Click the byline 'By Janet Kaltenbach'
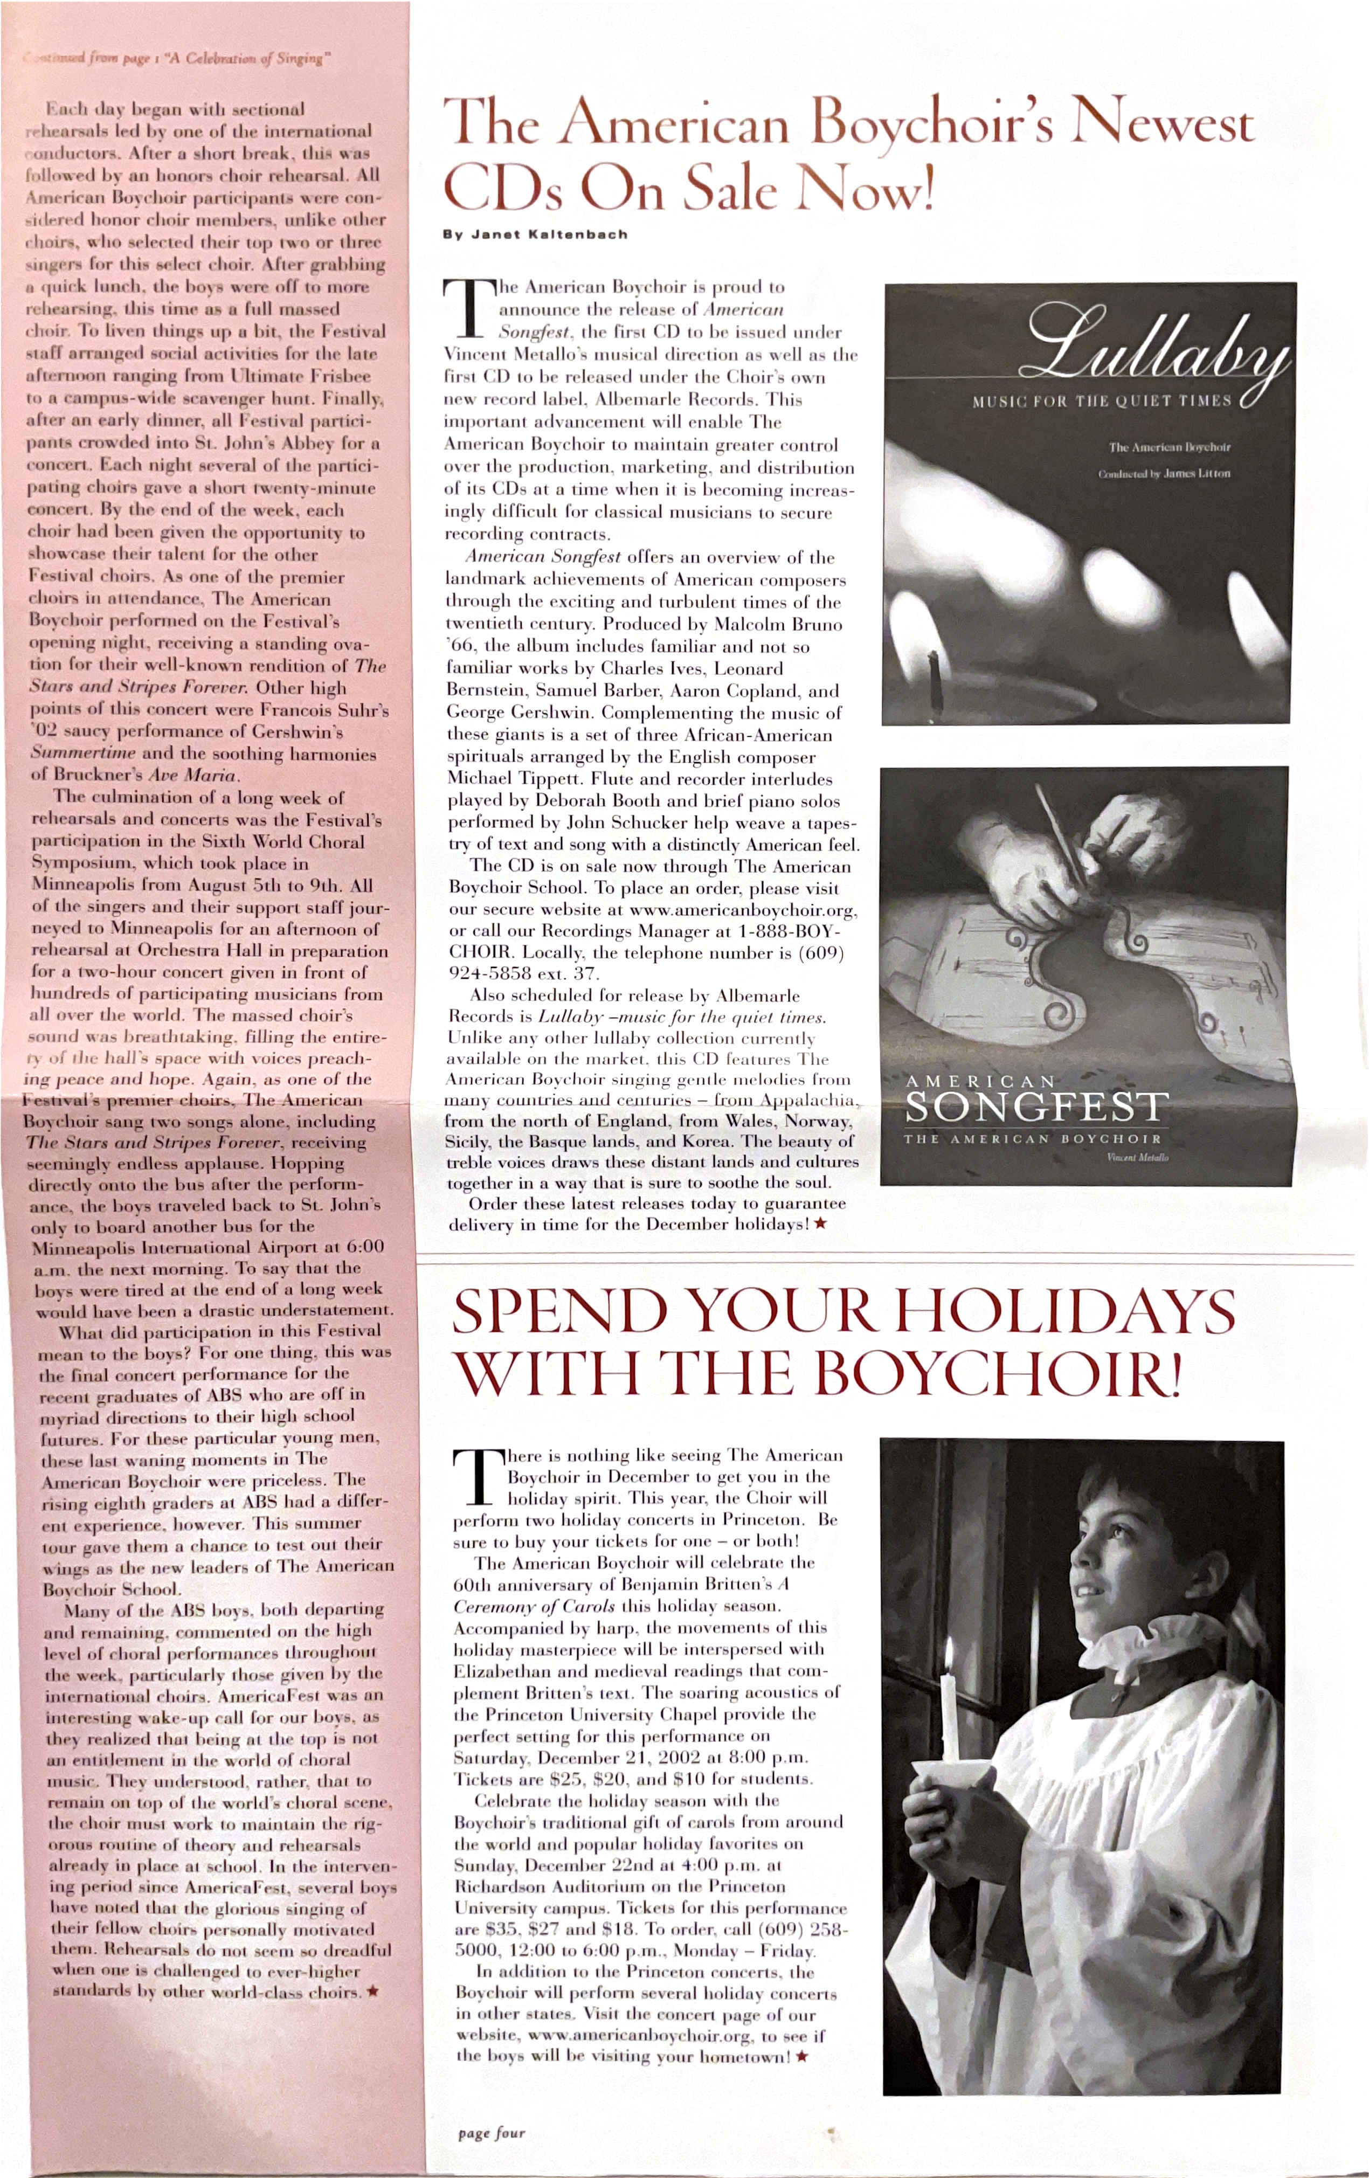(x=535, y=234)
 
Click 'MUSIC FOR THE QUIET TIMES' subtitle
(x=1101, y=400)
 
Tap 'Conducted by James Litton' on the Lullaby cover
(x=1164, y=474)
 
